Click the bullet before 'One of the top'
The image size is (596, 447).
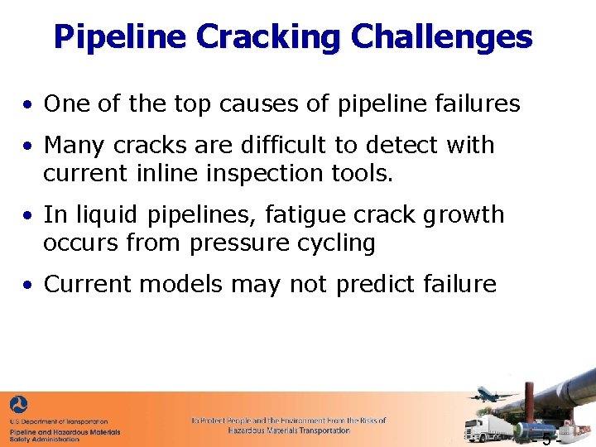tap(28, 105)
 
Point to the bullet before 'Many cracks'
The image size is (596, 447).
tap(28, 147)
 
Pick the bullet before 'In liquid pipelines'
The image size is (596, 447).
tap(28, 216)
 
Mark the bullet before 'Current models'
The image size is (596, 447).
tap(28, 286)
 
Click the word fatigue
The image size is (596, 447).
tap(303, 215)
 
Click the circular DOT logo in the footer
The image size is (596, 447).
tap(18, 406)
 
